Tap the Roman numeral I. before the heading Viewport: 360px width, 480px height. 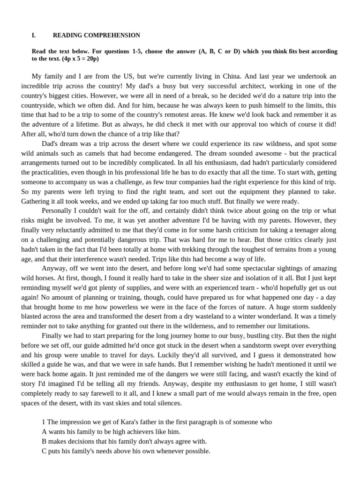coord(34,35)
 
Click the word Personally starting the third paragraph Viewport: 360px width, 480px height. coord(59,210)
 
